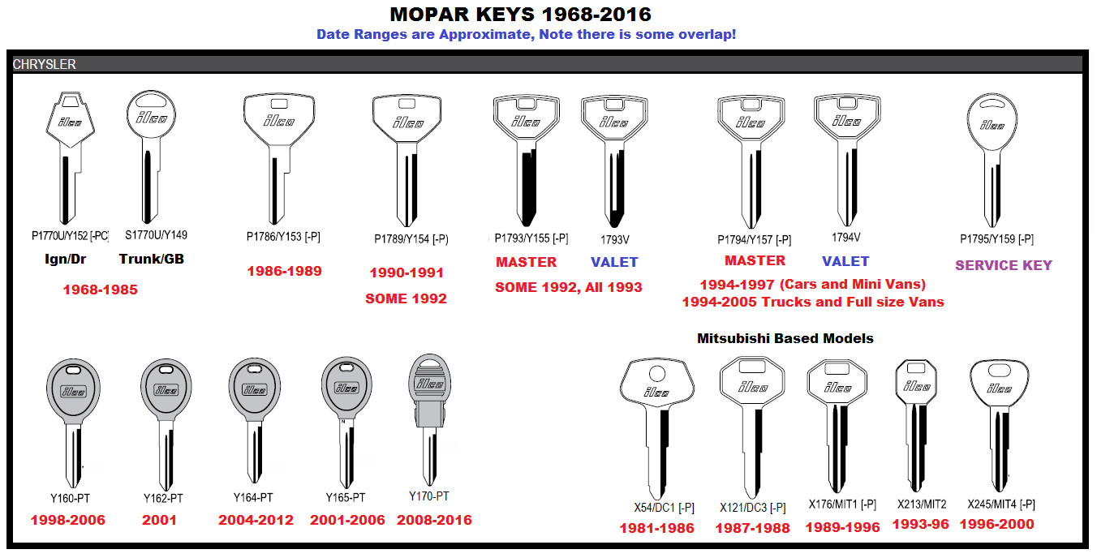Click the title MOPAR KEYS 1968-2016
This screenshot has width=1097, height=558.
(520, 15)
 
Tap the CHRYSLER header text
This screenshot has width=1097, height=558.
(45, 64)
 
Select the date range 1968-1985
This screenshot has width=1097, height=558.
(101, 290)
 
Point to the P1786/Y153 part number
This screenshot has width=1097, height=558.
(283, 237)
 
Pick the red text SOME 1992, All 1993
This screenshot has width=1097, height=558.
(569, 287)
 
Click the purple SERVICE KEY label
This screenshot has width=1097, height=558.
(1003, 265)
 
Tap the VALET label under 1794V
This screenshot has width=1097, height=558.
(845, 261)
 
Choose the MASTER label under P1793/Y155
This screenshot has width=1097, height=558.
(526, 262)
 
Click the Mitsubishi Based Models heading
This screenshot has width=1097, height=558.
(785, 338)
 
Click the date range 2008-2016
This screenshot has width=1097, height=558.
(434, 521)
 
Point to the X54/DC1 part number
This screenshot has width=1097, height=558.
(664, 507)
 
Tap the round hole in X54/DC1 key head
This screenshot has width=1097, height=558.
(657, 374)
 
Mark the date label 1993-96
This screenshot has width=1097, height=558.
(920, 525)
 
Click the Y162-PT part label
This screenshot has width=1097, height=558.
(163, 498)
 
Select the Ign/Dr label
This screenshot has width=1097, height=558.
(65, 260)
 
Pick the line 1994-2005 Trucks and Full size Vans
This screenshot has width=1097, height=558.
(813, 302)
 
